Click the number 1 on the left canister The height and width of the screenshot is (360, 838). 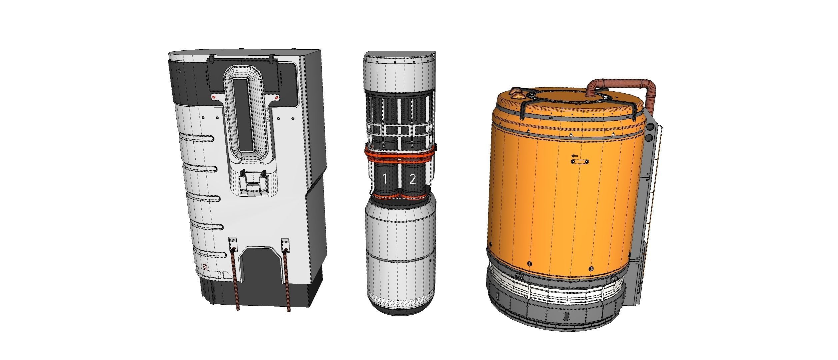tap(384, 180)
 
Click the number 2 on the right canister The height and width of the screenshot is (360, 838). tap(412, 180)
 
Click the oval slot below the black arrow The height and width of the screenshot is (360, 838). tap(580, 162)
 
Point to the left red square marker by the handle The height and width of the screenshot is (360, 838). tap(214, 97)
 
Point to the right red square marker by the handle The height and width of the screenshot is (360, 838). tap(276, 97)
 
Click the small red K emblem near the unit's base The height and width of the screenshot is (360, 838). tap(205, 267)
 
